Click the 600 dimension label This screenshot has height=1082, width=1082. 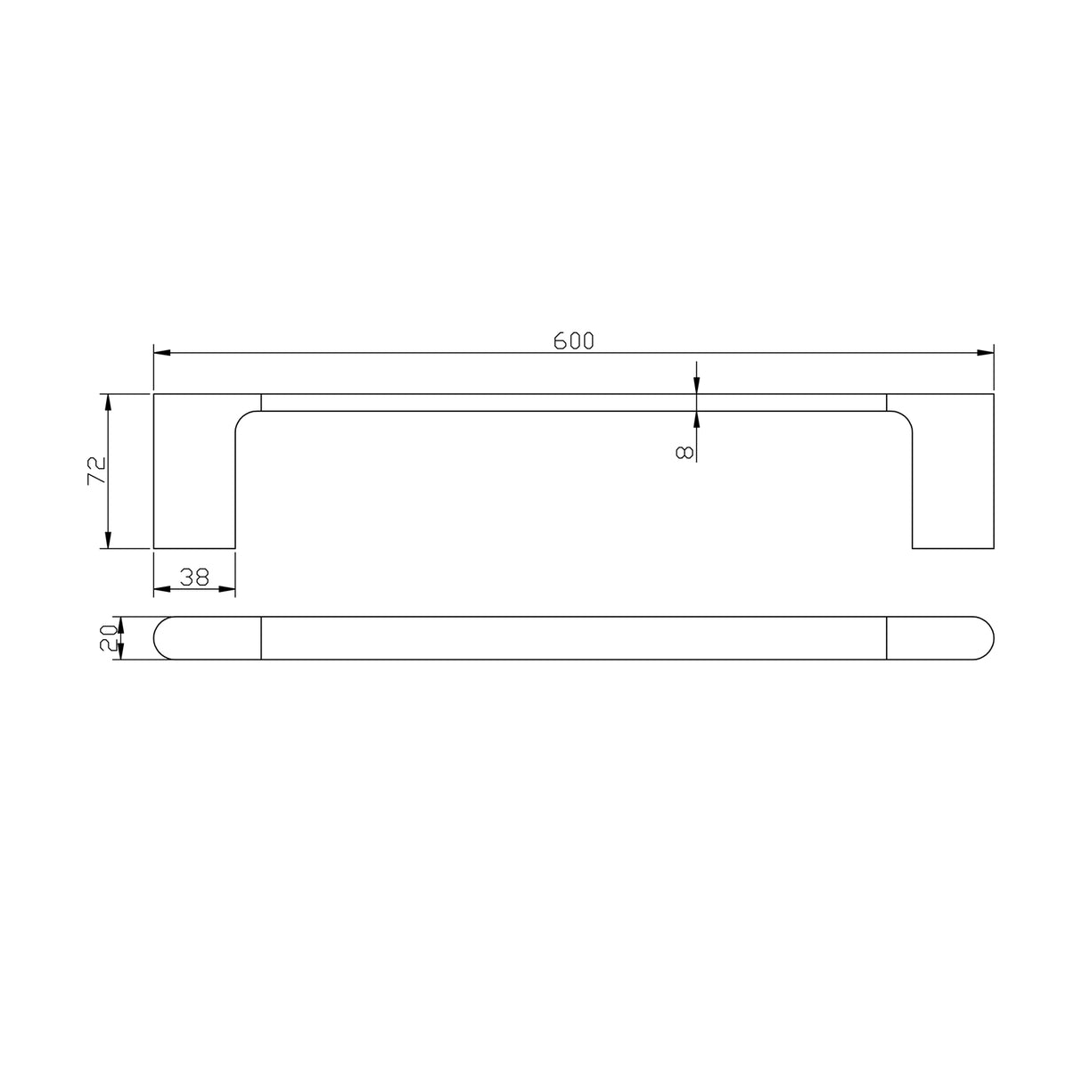(x=573, y=340)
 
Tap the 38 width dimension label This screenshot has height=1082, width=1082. (x=194, y=577)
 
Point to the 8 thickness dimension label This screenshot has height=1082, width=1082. (x=684, y=452)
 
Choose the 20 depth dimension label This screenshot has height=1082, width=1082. (x=109, y=638)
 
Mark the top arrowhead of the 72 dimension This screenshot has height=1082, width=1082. (x=108, y=402)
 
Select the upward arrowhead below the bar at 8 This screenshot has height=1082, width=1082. (x=696, y=420)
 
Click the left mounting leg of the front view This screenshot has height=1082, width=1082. (x=194, y=481)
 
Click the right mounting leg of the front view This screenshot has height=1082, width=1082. (x=953, y=481)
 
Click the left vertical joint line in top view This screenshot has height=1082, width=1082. (x=260, y=638)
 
